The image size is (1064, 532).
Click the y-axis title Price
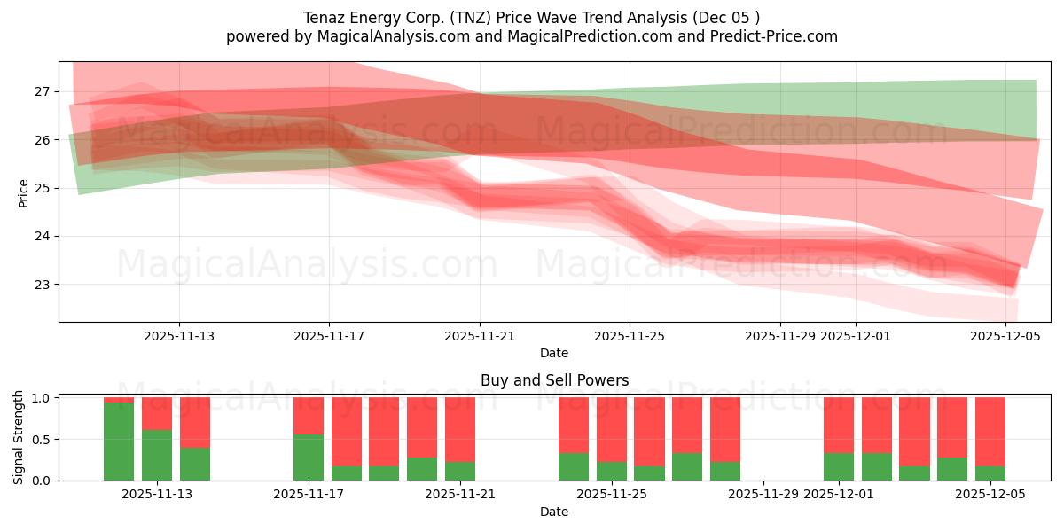click(x=24, y=192)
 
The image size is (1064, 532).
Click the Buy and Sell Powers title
click(x=554, y=380)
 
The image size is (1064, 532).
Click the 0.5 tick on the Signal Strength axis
click(x=43, y=439)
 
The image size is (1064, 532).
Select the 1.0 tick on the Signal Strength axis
click(x=43, y=398)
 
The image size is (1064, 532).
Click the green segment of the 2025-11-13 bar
click(x=157, y=455)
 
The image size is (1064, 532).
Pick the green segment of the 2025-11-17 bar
click(x=309, y=458)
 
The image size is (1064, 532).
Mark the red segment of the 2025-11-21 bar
click(x=460, y=429)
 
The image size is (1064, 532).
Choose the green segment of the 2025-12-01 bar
click(x=839, y=466)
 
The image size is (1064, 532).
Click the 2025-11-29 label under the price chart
click(x=780, y=336)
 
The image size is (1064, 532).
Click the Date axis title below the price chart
click(x=554, y=353)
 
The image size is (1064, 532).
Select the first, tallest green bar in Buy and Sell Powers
click(x=119, y=442)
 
